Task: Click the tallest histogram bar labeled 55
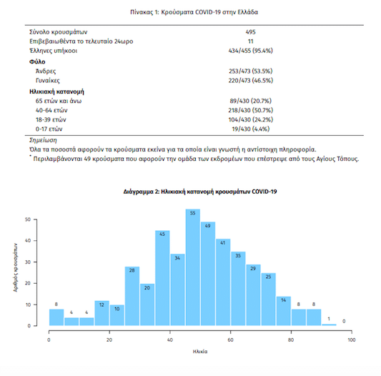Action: tap(193, 267)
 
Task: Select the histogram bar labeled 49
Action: tap(208, 274)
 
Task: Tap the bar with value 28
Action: tap(132, 296)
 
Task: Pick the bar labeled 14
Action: tap(284, 311)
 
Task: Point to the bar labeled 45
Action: tap(162, 278)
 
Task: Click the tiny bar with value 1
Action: tap(329, 325)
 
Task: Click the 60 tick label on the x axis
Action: tap(230, 340)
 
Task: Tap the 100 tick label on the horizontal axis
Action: tap(352, 340)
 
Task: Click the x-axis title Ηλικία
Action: tap(200, 352)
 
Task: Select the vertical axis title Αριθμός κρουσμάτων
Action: tap(16, 267)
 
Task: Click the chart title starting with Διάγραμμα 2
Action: tap(200, 192)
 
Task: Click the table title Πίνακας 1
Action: tap(194, 12)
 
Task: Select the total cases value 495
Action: tap(250, 32)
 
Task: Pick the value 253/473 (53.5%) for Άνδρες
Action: tap(250, 71)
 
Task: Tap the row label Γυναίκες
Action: tap(48, 81)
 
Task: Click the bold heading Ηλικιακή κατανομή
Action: tap(56, 91)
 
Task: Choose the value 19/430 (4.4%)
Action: tap(250, 129)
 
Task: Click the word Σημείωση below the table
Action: tap(43, 140)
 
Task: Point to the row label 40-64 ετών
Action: tap(51, 110)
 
